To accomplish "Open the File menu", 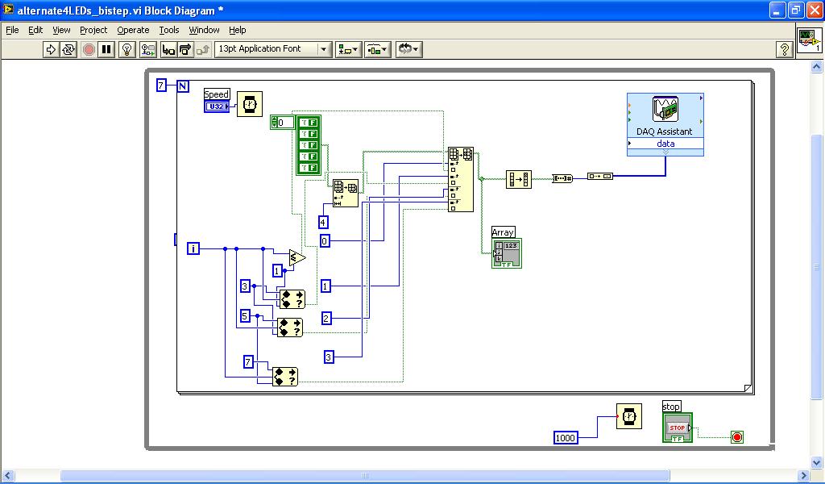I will point(12,30).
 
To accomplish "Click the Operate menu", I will point(133,30).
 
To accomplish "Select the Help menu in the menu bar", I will point(237,30).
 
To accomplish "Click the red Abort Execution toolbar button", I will point(89,49).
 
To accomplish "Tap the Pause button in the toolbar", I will point(106,49).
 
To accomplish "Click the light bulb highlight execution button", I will point(126,49).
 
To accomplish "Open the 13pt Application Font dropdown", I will point(273,49).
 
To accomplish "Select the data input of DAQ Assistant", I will point(665,144).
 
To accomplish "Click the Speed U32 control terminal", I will point(216,106).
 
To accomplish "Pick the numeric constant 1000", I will point(566,437).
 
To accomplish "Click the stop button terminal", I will point(677,428).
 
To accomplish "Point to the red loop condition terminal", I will point(736,437).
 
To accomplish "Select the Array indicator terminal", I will point(506,252).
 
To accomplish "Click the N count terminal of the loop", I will point(183,86).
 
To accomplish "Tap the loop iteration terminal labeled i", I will point(193,248).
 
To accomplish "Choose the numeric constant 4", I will point(323,223).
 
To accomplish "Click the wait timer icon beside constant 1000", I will point(629,416).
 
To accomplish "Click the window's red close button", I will point(813,10).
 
